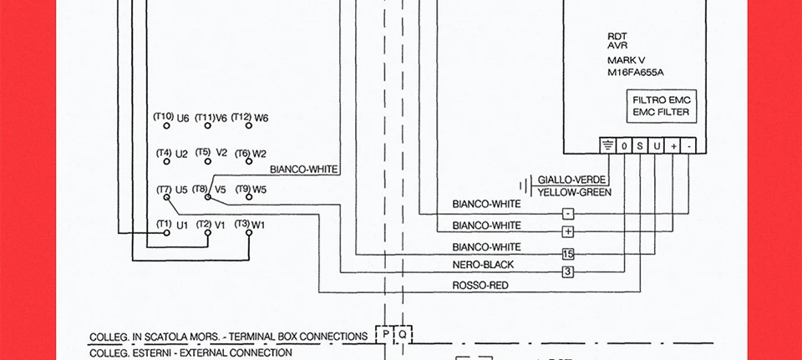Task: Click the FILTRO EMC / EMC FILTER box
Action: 661,106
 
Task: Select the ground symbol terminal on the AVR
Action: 607,146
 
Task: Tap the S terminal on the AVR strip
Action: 641,146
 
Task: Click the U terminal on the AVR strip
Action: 657,146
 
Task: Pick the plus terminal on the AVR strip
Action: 673,146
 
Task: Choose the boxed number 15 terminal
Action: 568,253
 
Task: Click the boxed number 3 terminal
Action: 568,271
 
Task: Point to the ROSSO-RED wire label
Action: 480,286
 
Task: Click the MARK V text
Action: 625,61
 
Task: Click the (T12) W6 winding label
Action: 249,118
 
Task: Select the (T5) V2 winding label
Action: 211,153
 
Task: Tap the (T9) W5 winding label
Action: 250,189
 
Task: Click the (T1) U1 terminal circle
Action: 166,233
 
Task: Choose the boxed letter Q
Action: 402,335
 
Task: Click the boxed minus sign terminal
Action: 568,214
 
